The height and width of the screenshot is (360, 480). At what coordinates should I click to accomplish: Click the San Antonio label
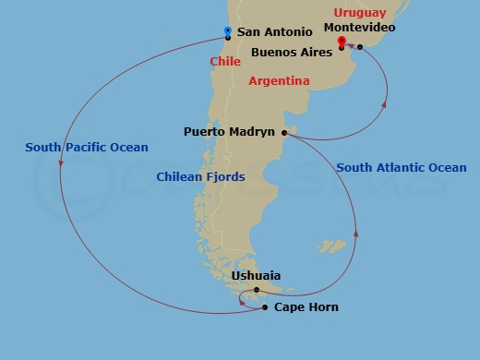point(274,32)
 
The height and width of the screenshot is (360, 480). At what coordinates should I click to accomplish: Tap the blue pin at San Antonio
point(228,33)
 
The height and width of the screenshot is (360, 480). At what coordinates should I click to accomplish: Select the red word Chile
point(225,61)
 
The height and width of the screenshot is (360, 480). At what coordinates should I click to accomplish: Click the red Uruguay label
point(359,14)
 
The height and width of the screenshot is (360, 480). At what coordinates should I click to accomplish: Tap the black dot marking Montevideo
point(360,47)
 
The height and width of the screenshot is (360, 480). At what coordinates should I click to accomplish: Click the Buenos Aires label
point(292,53)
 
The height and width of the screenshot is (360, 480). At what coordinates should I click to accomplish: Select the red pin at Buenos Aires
point(342,42)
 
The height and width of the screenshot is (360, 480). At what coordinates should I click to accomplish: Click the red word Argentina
point(279,81)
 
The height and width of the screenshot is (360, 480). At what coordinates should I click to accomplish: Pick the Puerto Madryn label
point(230,132)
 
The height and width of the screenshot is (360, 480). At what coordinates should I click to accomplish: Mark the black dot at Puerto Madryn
point(283,133)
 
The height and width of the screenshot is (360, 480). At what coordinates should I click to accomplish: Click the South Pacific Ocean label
point(87,147)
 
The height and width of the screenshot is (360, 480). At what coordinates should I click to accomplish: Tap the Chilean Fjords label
point(200,176)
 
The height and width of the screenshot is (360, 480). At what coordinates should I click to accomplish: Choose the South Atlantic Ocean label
point(402,168)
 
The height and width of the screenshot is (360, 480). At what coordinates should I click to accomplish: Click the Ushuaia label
point(256,276)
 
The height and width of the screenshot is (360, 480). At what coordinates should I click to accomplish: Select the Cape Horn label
point(306,307)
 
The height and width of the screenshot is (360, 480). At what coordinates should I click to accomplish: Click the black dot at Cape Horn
point(265,307)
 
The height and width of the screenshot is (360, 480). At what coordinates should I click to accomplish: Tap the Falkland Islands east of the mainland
point(331,246)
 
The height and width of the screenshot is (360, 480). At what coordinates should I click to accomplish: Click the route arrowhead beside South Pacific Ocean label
point(61,165)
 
